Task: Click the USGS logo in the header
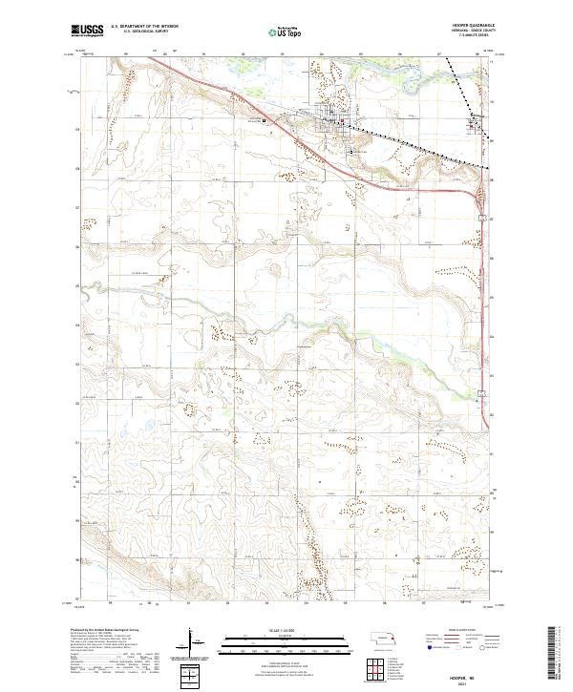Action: pos(87,31)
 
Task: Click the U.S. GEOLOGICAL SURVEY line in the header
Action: pos(138,32)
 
